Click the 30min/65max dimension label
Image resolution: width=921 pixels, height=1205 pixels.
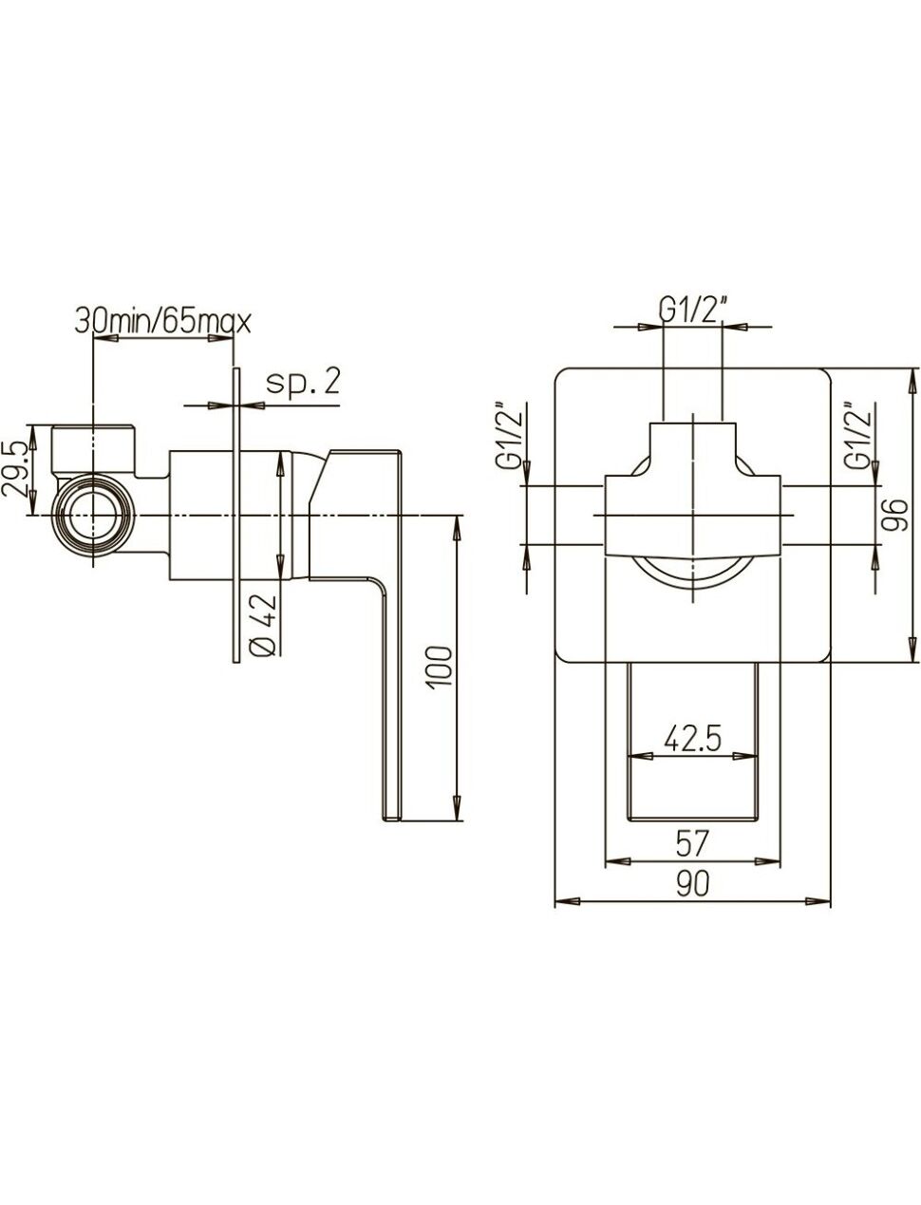click(162, 322)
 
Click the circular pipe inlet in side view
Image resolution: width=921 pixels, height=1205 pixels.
click(92, 514)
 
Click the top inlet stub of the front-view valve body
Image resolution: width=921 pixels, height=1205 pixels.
click(693, 433)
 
